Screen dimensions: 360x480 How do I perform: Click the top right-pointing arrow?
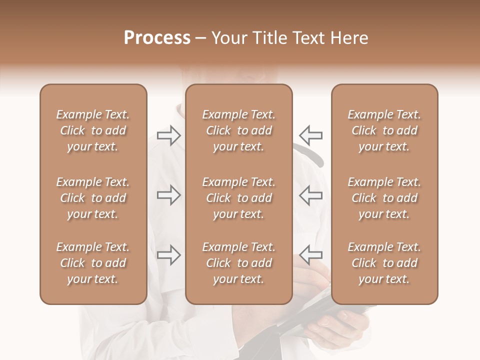pyautogui.click(x=168, y=135)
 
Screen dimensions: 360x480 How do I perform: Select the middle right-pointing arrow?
pyautogui.click(x=168, y=195)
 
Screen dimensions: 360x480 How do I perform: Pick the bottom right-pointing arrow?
pyautogui.click(x=168, y=255)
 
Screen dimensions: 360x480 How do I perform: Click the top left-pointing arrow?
pyautogui.click(x=311, y=135)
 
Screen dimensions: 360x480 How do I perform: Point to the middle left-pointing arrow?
pyautogui.click(x=311, y=195)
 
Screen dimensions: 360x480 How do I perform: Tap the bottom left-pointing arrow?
pyautogui.click(x=311, y=255)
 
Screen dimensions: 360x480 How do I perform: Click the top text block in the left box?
pyautogui.click(x=93, y=130)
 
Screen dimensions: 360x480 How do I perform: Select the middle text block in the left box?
pyautogui.click(x=93, y=198)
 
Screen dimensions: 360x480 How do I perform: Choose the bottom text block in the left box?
pyautogui.click(x=93, y=263)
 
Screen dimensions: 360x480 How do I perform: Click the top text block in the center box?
pyautogui.click(x=238, y=130)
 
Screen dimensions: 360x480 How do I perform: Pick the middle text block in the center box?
pyautogui.click(x=238, y=198)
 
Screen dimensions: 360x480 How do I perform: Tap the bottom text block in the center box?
pyautogui.click(x=238, y=263)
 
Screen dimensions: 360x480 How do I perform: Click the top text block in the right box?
pyautogui.click(x=384, y=130)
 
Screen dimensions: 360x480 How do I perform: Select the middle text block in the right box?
pyautogui.click(x=384, y=198)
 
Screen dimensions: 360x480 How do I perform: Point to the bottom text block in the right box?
pyautogui.click(x=384, y=263)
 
